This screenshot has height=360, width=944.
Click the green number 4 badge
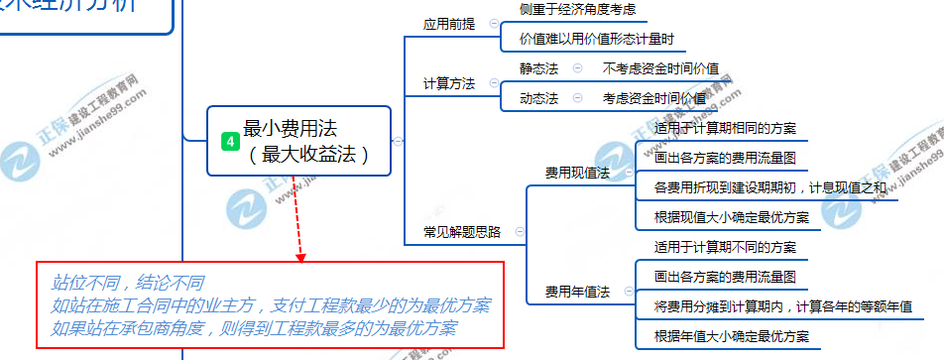click(x=230, y=142)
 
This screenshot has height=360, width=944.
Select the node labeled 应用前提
click(x=449, y=24)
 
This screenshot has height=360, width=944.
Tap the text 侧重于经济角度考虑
click(x=576, y=9)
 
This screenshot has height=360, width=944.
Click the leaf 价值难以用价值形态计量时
click(x=597, y=40)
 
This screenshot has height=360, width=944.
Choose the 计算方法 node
click(x=449, y=83)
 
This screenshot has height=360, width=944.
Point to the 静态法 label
click(x=538, y=68)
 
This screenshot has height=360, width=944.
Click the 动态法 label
click(x=538, y=98)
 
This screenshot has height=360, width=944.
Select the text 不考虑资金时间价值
click(x=660, y=68)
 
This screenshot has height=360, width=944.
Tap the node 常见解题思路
click(x=462, y=232)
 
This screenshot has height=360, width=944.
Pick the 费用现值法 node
click(x=577, y=173)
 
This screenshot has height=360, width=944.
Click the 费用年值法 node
click(x=577, y=292)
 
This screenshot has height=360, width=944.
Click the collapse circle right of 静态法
click(x=577, y=68)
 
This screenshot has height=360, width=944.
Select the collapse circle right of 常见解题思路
click(x=520, y=232)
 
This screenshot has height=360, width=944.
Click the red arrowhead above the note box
click(x=300, y=258)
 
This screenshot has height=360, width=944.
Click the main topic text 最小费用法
click(x=290, y=128)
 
